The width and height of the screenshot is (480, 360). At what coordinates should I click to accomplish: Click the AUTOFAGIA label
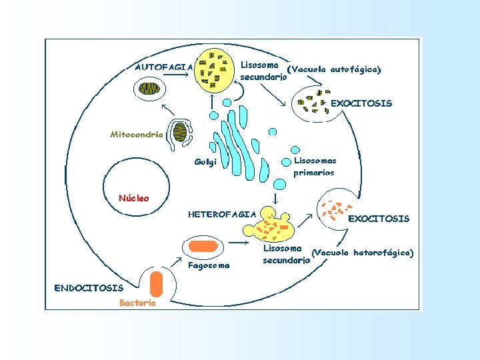(164, 67)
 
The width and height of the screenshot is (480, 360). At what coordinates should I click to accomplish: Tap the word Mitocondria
(136, 134)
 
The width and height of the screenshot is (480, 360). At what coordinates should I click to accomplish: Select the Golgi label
(205, 162)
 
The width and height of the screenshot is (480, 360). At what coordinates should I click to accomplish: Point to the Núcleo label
(133, 198)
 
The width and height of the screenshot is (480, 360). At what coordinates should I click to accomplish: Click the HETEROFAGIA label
(222, 214)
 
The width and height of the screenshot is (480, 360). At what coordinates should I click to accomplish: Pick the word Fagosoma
(209, 265)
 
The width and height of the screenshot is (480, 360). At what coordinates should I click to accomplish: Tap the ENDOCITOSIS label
(89, 288)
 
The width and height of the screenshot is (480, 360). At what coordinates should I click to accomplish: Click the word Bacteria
(137, 303)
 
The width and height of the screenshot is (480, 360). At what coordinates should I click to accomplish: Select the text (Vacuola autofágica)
(333, 69)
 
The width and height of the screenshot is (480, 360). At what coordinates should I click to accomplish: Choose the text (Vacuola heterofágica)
(363, 253)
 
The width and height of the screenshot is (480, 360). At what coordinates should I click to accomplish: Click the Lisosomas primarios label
(315, 166)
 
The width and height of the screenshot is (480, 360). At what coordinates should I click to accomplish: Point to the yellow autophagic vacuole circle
(214, 71)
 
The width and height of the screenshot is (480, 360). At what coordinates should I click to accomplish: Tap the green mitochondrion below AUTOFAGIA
(149, 89)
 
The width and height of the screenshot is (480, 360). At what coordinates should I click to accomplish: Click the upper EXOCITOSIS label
(361, 103)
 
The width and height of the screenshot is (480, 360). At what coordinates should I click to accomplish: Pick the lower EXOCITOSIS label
(379, 219)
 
